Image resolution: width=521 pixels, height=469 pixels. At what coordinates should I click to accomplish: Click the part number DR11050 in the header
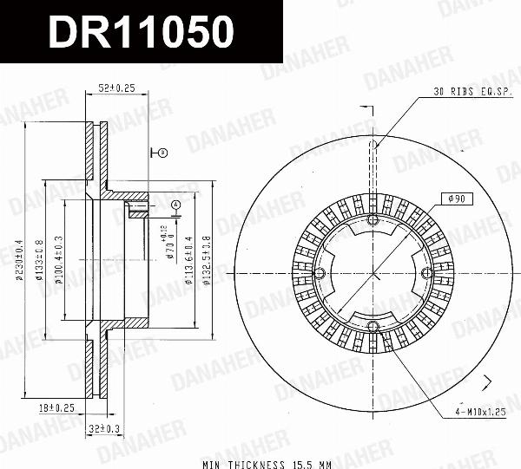point(141,32)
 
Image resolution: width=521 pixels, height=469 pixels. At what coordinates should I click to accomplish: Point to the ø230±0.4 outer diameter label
point(16,261)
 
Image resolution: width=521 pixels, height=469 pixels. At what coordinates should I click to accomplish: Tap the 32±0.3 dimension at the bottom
point(104,428)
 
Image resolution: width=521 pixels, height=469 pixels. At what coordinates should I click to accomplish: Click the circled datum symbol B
point(162,153)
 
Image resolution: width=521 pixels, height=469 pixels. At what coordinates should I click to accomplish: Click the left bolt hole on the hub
point(320,275)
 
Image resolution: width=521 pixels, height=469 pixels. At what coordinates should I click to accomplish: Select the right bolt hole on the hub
point(427,273)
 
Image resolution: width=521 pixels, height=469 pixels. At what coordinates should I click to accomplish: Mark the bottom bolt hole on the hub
point(373,326)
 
